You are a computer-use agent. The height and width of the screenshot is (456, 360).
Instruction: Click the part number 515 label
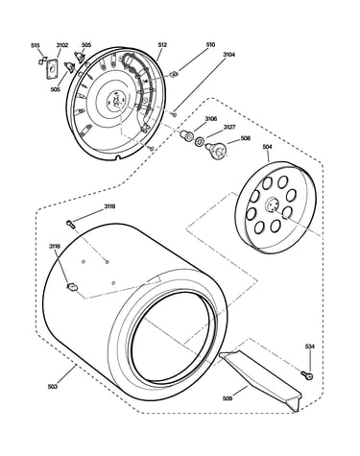click(36, 45)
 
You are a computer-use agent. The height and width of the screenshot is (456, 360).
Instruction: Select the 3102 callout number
click(62, 45)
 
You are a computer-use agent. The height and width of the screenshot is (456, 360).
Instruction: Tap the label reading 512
click(162, 45)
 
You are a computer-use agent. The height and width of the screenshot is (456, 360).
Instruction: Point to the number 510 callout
click(210, 45)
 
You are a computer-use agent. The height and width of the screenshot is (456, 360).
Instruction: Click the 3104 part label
click(228, 55)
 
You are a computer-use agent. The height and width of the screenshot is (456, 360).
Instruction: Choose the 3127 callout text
click(229, 127)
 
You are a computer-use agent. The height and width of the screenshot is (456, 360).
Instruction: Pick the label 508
click(246, 138)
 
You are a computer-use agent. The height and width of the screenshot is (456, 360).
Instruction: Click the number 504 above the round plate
click(267, 147)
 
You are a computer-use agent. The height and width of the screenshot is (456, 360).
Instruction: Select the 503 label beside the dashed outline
click(52, 387)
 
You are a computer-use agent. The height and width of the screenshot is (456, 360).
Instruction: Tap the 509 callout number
click(228, 398)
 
